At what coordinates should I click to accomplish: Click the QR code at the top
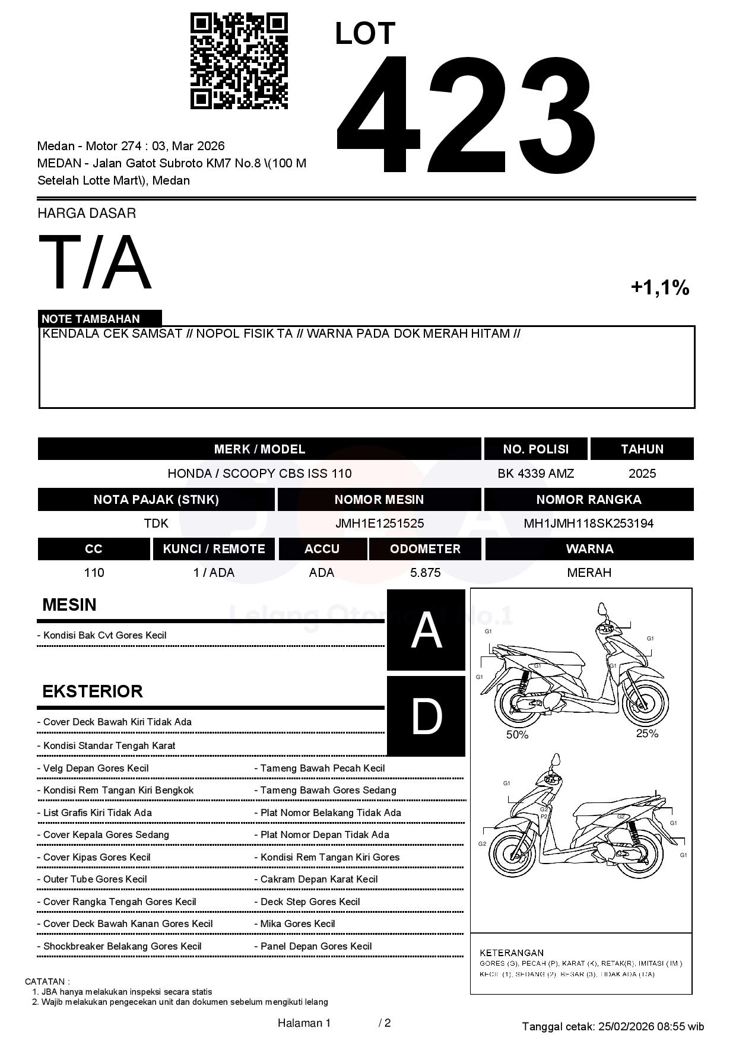[x=239, y=61]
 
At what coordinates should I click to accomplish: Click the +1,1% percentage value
[x=659, y=288]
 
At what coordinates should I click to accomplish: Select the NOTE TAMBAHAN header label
[x=91, y=319]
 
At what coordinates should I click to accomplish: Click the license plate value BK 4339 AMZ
[x=535, y=474]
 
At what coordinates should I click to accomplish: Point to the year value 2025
[x=642, y=474]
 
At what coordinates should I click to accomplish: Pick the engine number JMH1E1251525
[x=379, y=523]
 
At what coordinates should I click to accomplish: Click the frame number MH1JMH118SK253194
[x=588, y=523]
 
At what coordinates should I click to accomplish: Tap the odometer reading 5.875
[x=425, y=573]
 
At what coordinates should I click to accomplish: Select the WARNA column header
[x=589, y=549]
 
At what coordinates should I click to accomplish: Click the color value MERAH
[x=589, y=573]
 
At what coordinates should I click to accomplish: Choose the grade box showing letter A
[x=426, y=630]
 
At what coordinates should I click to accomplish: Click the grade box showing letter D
[x=426, y=716]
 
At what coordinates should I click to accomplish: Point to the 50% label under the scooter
[x=517, y=735]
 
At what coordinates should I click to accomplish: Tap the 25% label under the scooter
[x=647, y=734]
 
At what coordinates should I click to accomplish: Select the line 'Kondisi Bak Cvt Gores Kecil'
[x=104, y=635]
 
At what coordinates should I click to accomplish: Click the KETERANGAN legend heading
[x=512, y=953]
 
